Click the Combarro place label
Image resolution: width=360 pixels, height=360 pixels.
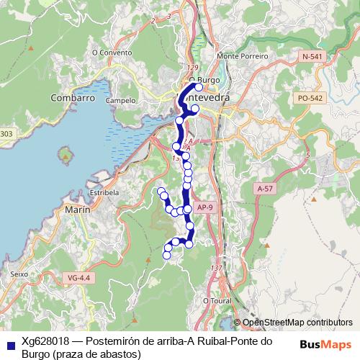73,97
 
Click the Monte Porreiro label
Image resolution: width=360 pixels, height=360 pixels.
237,55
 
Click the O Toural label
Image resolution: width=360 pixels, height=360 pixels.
216,300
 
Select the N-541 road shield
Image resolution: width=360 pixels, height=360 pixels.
312,56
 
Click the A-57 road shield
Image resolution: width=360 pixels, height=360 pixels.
265,188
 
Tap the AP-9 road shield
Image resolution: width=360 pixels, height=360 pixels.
205,207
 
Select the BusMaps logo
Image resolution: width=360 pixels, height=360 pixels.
325,344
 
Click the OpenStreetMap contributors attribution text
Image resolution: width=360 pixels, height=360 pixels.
297,323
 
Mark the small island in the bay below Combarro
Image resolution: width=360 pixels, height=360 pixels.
67,153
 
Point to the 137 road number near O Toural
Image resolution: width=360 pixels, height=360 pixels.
215,269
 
